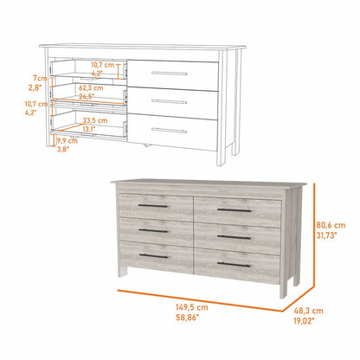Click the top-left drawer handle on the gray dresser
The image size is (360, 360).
pyautogui.click(x=152, y=206)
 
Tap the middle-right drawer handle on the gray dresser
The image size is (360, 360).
pyautogui.click(x=234, y=237)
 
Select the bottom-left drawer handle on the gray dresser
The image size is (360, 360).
pyautogui.click(x=152, y=256)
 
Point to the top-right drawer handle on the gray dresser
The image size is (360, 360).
pyautogui.click(x=234, y=210)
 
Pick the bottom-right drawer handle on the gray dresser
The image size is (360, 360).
pyautogui.click(x=234, y=263)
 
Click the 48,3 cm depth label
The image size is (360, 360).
pyautogui.click(x=312, y=310)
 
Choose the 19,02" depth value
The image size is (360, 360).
pyautogui.click(x=312, y=321)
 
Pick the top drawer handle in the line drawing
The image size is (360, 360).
pyautogui.click(x=170, y=74)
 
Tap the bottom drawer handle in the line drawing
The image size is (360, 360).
pyautogui.click(x=170, y=132)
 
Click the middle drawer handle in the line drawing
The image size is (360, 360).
pyautogui.click(x=170, y=102)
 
